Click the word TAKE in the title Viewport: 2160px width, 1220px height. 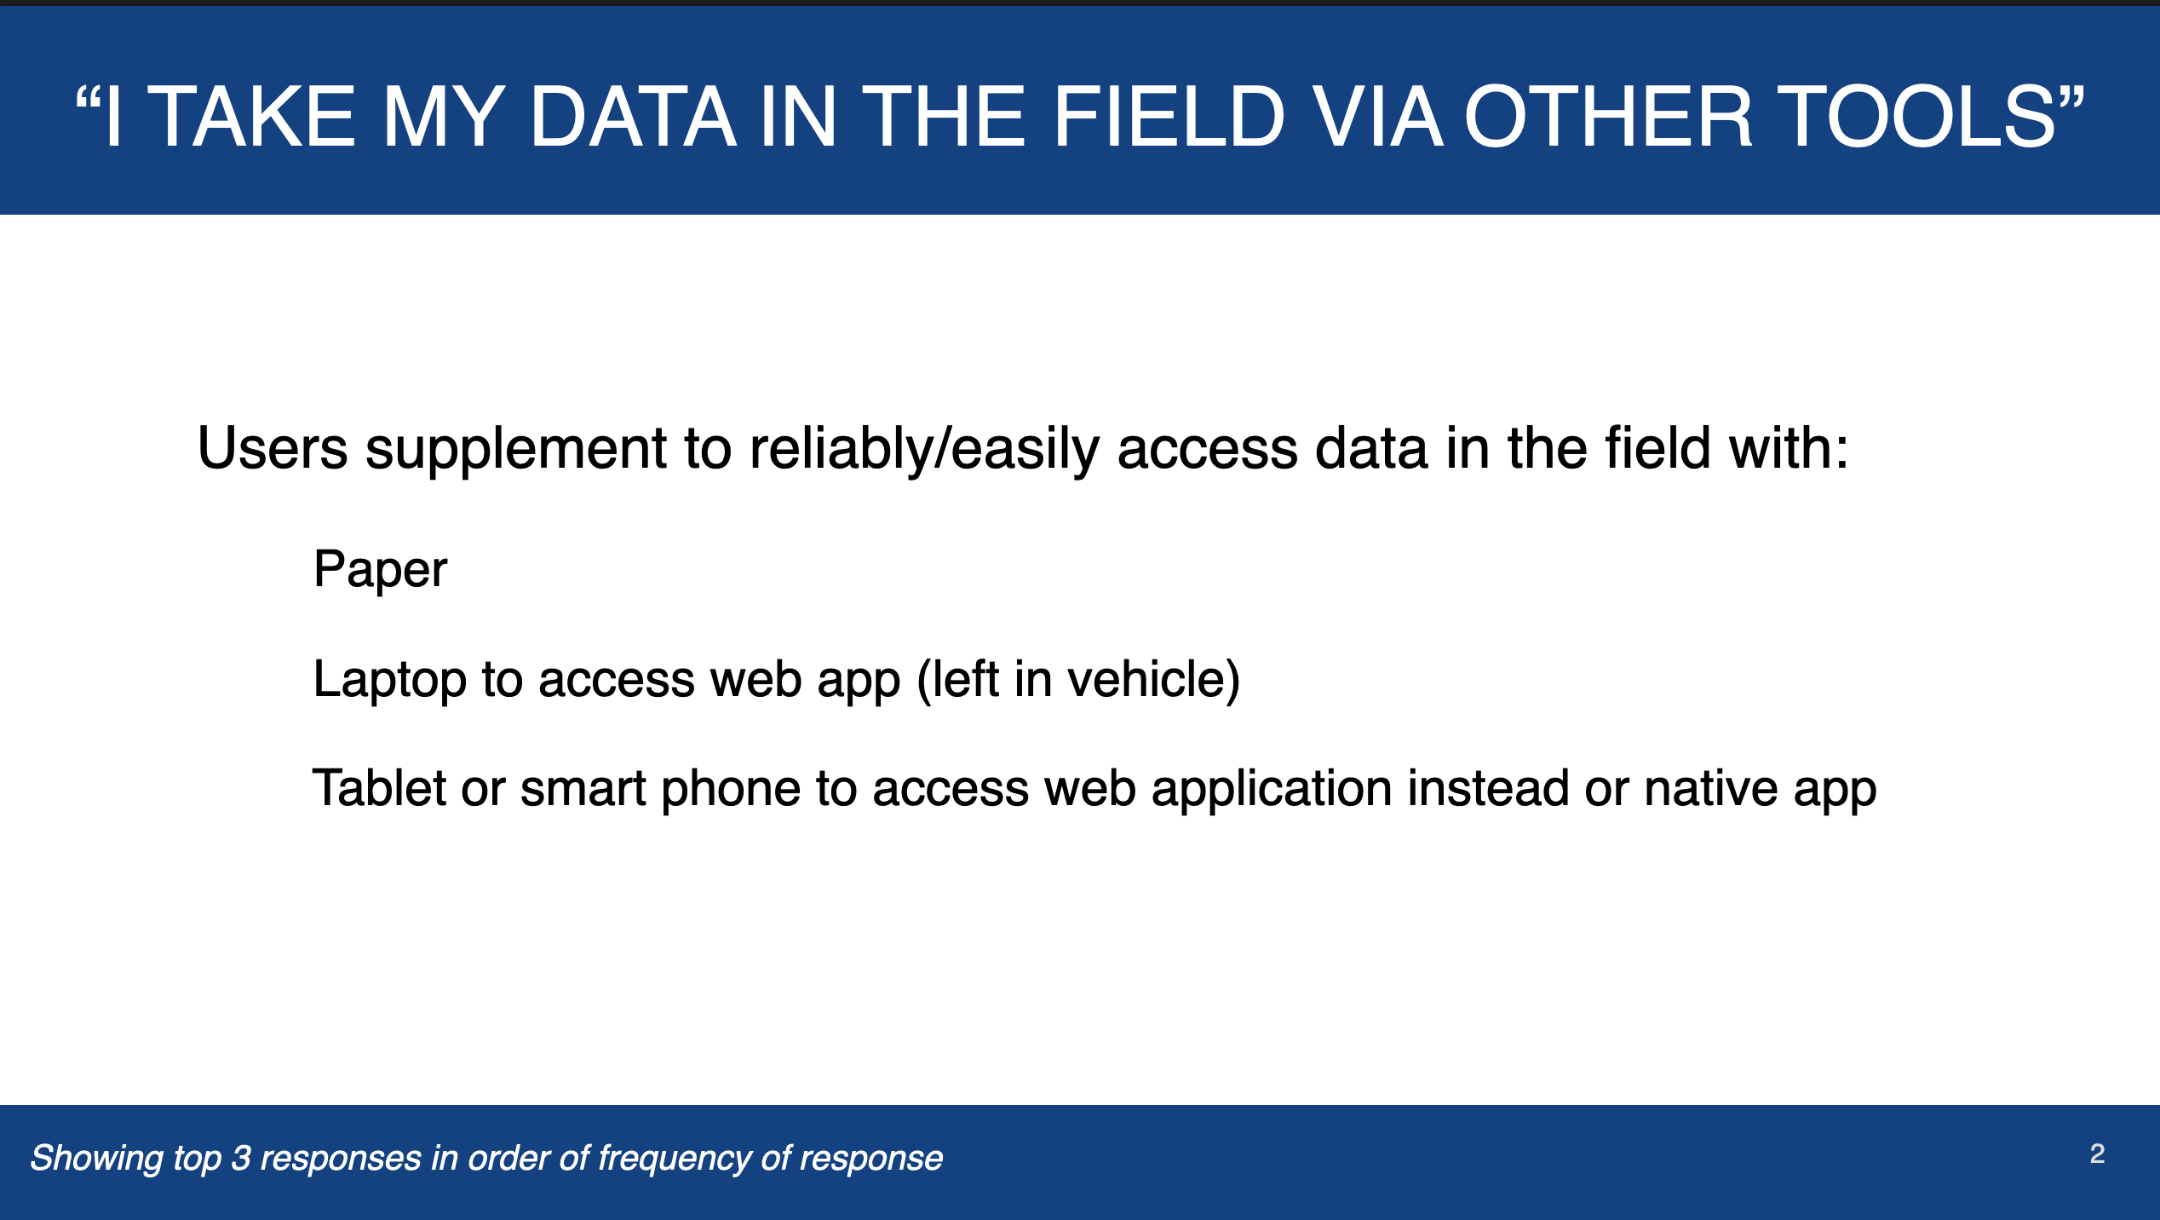(x=251, y=117)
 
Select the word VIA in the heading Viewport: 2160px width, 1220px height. (x=1377, y=117)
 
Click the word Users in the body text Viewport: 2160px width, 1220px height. (x=273, y=448)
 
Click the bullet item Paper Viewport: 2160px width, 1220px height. (x=380, y=569)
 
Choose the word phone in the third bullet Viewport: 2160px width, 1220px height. (x=731, y=789)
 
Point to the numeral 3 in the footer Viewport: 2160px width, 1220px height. (x=241, y=1159)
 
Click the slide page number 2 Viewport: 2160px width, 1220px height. (x=2097, y=1154)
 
